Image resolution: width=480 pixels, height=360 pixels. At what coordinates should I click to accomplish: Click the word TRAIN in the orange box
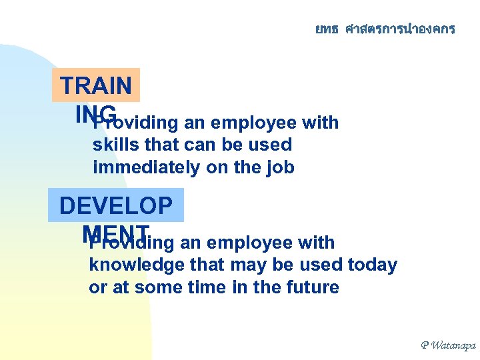click(x=96, y=86)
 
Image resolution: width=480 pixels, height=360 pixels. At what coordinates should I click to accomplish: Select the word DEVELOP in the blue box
click(x=115, y=206)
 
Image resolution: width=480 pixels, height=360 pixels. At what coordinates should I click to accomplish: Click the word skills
click(x=113, y=145)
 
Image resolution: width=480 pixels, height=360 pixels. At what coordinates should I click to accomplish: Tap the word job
click(x=281, y=167)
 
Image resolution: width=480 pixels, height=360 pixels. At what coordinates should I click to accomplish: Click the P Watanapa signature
click(x=447, y=345)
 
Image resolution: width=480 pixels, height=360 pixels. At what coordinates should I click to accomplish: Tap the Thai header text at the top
click(x=385, y=29)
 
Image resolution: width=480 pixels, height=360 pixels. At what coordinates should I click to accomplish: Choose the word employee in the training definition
click(x=257, y=123)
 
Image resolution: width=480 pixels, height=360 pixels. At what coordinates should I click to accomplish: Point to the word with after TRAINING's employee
click(x=320, y=123)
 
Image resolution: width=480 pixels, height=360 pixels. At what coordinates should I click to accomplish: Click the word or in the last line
click(x=97, y=287)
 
